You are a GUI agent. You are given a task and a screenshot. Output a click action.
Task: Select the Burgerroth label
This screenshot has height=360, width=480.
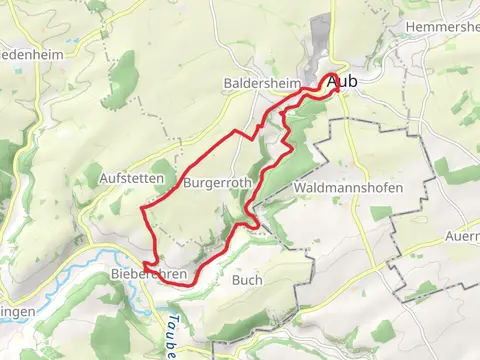pyautogui.click(x=217, y=184)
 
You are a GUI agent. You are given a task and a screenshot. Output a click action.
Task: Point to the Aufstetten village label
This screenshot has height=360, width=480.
pyautogui.click(x=131, y=177)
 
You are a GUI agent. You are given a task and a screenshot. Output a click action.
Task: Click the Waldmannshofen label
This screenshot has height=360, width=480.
pyautogui.click(x=349, y=188)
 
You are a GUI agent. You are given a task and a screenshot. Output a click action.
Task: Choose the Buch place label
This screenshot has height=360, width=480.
pyautogui.click(x=247, y=280)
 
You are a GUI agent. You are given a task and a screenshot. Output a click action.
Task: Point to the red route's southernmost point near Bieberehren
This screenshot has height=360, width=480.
pyautogui.click(x=185, y=284)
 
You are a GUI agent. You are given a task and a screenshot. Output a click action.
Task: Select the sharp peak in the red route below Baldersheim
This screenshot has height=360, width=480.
pyautogui.click(x=236, y=131)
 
